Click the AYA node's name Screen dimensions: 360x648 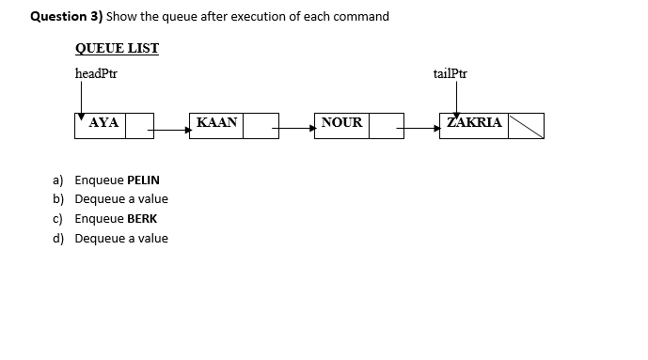pos(103,123)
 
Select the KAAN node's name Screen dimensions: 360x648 pos(217,123)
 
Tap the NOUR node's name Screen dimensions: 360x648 pos(341,123)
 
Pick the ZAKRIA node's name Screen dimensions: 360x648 pos(474,123)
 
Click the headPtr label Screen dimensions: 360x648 pos(96,73)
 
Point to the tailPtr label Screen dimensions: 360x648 pos(450,73)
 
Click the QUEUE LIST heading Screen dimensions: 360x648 pos(117,49)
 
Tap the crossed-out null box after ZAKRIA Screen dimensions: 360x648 pos(526,125)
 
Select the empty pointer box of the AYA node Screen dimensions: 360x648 pos(139,125)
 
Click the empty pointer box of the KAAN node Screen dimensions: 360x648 pos(261,125)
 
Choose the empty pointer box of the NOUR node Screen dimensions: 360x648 pos(386,125)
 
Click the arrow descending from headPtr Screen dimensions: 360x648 pos(81,97)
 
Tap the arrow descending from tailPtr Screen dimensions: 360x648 pos(456,97)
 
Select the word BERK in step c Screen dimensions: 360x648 pos(142,218)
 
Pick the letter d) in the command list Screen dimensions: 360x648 pos(58,238)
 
